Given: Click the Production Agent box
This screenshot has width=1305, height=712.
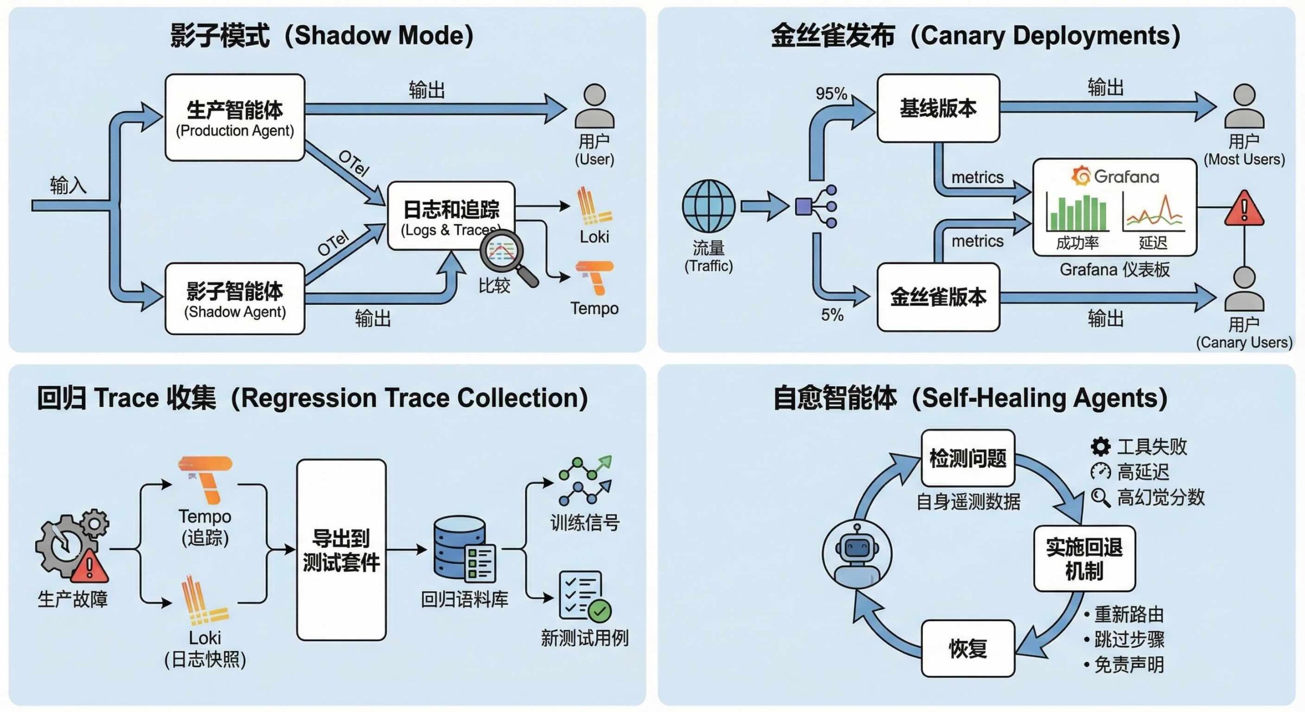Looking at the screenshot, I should click(234, 117).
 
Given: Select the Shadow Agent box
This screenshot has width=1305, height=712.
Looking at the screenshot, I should click(234, 299).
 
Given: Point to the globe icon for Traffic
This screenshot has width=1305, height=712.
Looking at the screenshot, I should click(709, 206).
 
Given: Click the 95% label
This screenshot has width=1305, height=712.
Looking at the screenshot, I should click(831, 94).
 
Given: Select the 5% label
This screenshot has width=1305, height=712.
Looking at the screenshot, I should click(832, 315).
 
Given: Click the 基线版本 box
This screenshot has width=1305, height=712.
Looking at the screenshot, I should click(938, 108).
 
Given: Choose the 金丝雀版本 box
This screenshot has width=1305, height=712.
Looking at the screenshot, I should click(938, 297).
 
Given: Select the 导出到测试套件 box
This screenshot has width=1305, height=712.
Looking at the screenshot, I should click(341, 550).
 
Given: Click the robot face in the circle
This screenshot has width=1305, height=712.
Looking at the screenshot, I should click(857, 554).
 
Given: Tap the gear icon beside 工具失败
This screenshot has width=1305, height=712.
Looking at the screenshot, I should click(1100, 446).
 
